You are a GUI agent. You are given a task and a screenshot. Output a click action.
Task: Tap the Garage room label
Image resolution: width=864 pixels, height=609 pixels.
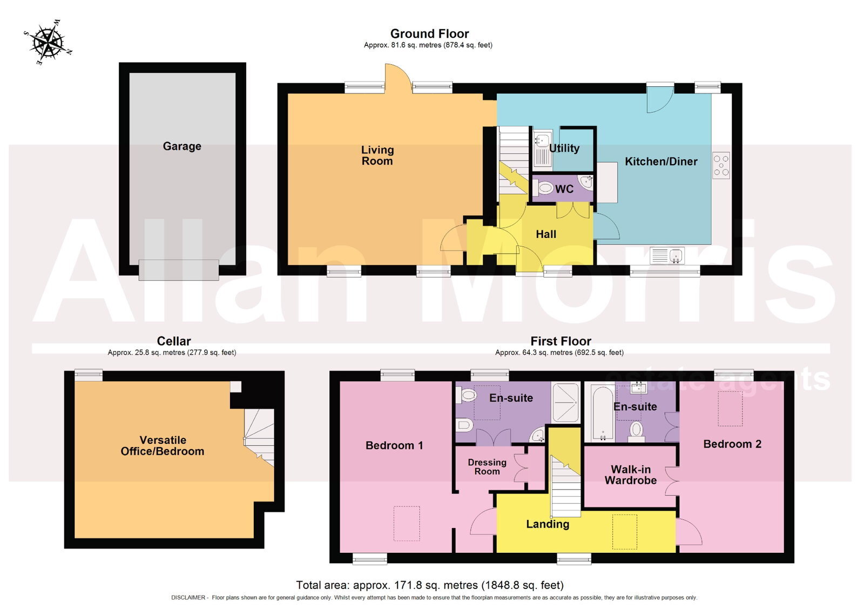[x=182, y=146]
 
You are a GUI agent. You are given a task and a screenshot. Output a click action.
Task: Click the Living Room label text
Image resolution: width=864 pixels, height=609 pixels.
[x=377, y=155]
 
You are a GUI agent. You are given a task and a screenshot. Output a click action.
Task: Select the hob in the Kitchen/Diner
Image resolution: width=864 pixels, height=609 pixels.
[x=721, y=165]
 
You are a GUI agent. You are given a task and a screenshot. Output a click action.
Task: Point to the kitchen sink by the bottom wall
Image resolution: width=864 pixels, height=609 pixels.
[x=667, y=255]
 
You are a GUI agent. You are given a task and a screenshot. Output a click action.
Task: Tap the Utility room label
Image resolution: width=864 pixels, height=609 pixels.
[x=564, y=148]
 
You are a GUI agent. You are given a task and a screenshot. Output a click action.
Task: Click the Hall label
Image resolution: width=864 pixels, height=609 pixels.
[x=546, y=234]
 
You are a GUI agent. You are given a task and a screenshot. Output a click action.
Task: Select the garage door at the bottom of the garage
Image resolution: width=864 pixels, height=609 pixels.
[x=179, y=270]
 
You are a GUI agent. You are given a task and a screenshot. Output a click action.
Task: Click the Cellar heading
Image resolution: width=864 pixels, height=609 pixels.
[x=173, y=341]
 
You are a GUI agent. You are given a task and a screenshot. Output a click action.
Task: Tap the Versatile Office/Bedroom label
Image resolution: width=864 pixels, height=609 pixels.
[x=163, y=445]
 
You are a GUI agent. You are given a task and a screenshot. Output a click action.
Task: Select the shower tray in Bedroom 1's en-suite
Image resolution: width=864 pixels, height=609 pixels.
[x=565, y=402]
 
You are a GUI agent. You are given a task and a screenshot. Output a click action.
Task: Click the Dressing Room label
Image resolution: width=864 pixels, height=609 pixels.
[x=487, y=466]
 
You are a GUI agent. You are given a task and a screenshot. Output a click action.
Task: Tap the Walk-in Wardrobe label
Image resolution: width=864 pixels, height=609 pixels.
[x=631, y=475]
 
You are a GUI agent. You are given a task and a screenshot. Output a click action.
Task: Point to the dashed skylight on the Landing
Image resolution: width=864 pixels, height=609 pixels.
[x=624, y=532]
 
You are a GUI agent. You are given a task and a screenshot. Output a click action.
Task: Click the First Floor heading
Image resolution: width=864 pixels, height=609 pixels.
[x=561, y=341]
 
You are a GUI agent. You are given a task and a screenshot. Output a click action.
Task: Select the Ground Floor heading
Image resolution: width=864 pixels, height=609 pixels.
[x=429, y=33]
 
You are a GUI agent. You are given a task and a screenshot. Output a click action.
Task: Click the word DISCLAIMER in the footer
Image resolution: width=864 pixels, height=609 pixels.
[x=188, y=598]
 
